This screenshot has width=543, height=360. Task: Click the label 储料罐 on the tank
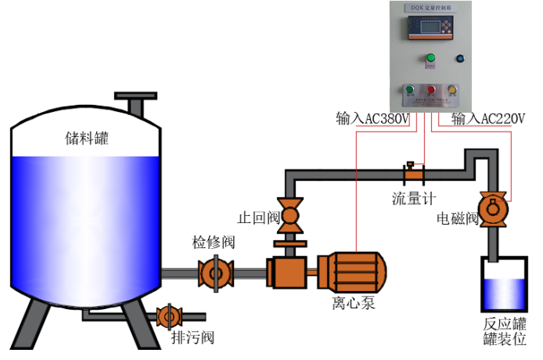coord(87,139)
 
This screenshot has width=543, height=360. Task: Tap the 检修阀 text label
coord(214,243)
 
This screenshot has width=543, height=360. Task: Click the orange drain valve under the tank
coord(168,316)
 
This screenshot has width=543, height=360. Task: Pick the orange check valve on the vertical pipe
coord(290,213)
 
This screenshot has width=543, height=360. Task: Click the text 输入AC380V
coord(372,119)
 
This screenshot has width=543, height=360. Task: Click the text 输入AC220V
coord(488,119)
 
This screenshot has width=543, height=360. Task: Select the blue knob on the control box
coord(459,58)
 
